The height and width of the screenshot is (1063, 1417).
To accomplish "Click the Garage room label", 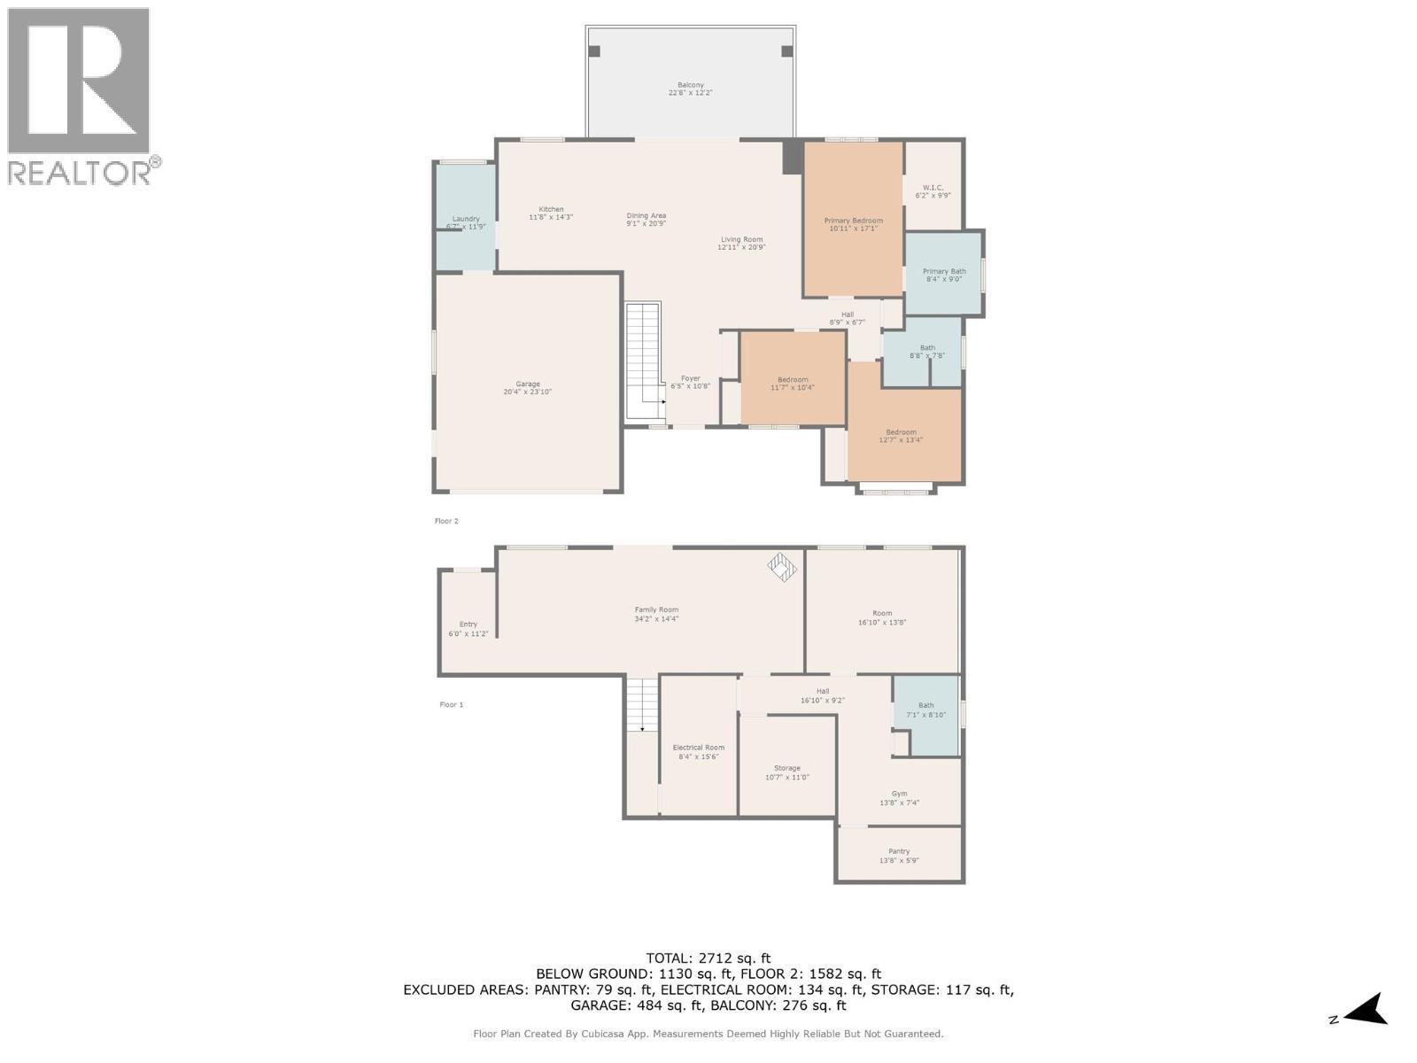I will [x=528, y=388].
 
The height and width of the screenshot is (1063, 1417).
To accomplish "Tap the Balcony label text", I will [x=691, y=89].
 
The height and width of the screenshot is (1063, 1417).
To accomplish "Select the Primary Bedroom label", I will [x=853, y=224].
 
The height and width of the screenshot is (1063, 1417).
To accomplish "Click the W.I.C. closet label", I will [x=933, y=191].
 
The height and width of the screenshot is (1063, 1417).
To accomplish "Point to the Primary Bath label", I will [x=944, y=275].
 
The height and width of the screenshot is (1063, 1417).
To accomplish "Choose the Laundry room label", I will [x=466, y=222].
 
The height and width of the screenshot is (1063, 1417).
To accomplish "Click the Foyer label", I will [x=690, y=382].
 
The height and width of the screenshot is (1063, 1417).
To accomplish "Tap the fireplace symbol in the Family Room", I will [x=782, y=567].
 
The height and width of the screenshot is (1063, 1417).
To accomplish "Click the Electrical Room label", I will [x=699, y=751].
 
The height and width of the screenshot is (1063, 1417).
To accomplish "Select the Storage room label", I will [x=787, y=772].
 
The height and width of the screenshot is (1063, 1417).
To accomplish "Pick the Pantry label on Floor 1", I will [x=899, y=855].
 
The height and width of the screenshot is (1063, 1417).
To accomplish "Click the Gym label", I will [x=899, y=798].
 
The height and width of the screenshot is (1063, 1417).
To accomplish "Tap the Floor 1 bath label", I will [x=925, y=710].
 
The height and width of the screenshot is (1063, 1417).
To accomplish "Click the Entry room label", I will [x=468, y=629].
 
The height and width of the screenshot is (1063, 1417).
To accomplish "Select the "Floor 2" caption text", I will [x=446, y=521].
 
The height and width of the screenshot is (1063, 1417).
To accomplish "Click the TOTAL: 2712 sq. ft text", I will [x=708, y=958].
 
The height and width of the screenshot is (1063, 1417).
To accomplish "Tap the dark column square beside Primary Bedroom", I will [x=792, y=157].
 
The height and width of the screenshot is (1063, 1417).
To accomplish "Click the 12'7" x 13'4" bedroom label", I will [x=902, y=436].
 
